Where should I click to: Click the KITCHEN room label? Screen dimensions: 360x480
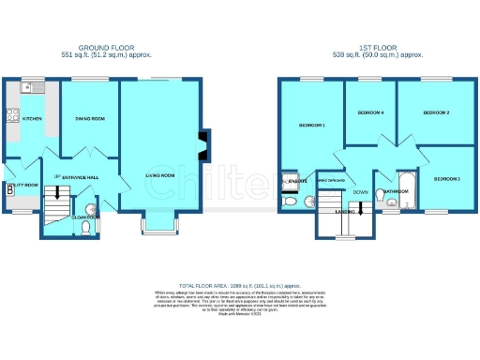[x=33, y=119]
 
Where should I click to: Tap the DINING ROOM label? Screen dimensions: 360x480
[x=90, y=119]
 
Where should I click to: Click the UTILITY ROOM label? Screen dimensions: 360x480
[x=22, y=186]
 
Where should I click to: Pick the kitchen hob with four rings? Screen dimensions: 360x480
[x=12, y=116]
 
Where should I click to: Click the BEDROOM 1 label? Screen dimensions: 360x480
[x=311, y=125]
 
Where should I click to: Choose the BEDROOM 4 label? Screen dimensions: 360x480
[x=371, y=112]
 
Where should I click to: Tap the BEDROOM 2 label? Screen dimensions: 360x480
[x=436, y=112]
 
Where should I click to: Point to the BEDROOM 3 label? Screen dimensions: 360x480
[x=446, y=178]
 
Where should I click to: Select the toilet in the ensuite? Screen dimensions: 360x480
[x=290, y=200]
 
